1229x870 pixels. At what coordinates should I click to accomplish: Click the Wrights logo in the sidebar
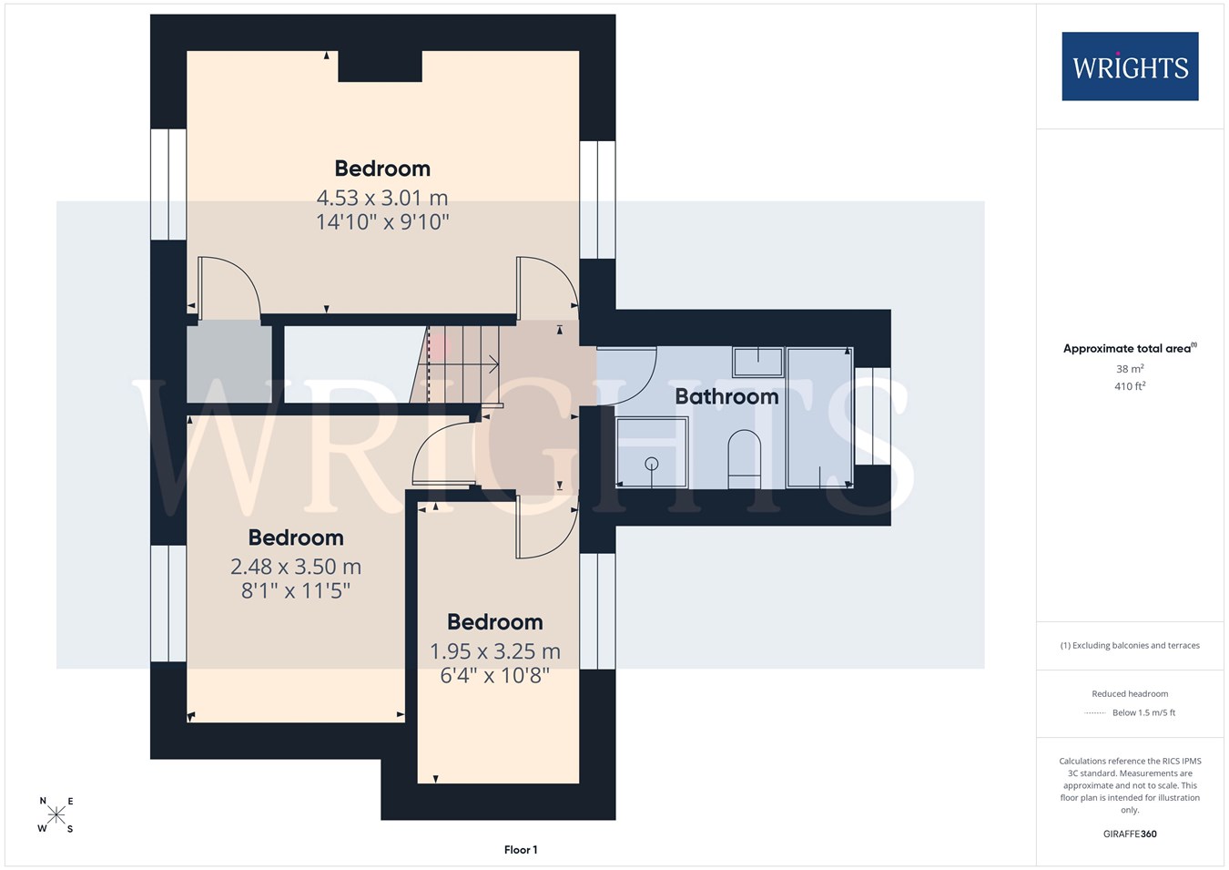point(1130,67)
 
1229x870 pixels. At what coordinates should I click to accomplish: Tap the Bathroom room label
point(726,396)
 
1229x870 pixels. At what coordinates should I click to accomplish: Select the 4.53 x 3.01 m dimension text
point(382,197)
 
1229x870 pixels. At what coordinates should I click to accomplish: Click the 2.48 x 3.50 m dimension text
point(296,566)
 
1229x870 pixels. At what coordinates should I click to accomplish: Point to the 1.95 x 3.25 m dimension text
point(495,651)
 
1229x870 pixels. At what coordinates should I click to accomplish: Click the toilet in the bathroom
point(744,459)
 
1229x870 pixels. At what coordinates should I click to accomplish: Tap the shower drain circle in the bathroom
point(651,464)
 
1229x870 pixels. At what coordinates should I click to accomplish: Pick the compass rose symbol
point(56,815)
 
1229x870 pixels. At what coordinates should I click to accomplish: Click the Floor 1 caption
point(521,850)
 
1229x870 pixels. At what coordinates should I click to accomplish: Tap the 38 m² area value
point(1130,368)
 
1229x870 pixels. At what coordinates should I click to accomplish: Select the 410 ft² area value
point(1130,386)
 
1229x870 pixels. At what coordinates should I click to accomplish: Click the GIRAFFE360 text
point(1130,834)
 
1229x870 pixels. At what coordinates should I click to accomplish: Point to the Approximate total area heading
point(1130,348)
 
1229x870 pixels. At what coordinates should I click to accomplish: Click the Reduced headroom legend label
point(1130,694)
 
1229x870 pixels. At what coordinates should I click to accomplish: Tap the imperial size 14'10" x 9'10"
point(382,221)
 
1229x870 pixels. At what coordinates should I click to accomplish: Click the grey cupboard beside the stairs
point(229,364)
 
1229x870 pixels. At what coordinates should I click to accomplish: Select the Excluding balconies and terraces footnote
point(1130,646)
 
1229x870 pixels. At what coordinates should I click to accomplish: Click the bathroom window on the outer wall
point(872,416)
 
